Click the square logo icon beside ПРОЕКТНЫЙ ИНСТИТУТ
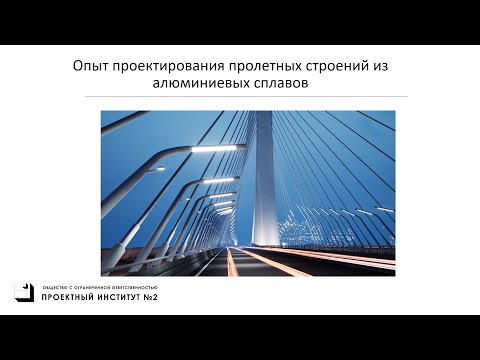click(23, 291)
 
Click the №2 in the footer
click(156, 297)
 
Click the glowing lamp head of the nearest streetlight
click(224, 149)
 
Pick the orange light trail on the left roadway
click(232, 262)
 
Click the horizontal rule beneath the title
click(240, 97)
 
